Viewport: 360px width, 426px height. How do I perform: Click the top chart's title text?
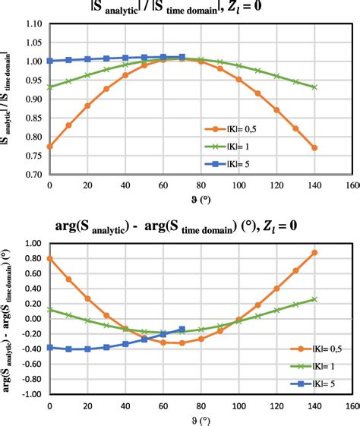(x=180, y=9)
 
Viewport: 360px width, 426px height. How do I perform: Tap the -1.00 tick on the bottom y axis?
(x=30, y=394)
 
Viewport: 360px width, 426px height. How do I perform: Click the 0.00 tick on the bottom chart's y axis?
(x=31, y=319)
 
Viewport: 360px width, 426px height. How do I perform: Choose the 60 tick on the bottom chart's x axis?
(x=163, y=405)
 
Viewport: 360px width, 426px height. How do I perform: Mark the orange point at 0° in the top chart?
(x=49, y=147)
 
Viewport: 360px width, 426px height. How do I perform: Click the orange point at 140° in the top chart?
(x=314, y=147)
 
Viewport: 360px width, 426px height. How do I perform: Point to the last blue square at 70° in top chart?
(x=182, y=57)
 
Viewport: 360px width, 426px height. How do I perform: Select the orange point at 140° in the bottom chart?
(x=314, y=252)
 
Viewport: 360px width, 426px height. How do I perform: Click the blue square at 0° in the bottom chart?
(x=49, y=347)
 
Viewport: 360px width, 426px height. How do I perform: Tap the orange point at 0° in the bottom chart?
(x=49, y=258)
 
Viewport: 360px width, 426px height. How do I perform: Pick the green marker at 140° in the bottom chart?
(x=314, y=299)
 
